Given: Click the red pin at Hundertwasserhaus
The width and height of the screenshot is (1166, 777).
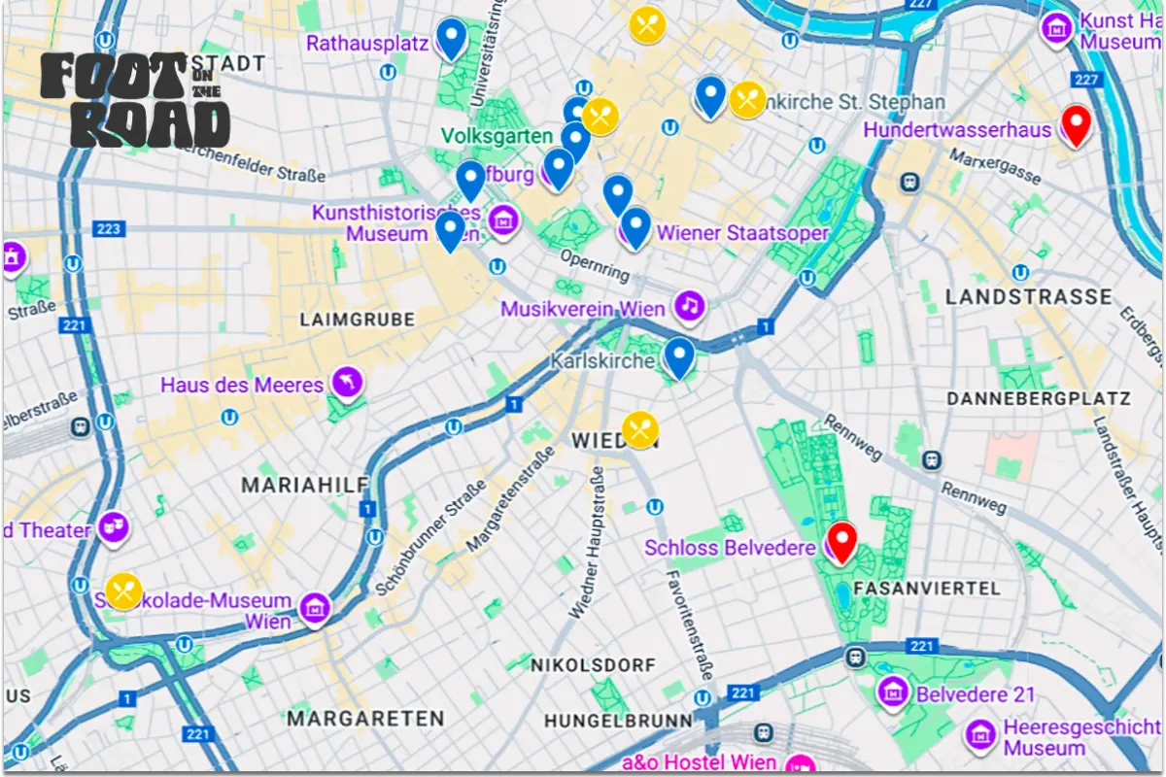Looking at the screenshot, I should (x=1075, y=124).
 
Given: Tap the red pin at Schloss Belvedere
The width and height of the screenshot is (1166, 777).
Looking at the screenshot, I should (x=840, y=540).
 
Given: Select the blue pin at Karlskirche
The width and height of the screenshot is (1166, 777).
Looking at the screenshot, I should (x=679, y=355).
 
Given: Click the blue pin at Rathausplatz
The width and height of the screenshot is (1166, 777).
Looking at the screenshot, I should (x=450, y=38).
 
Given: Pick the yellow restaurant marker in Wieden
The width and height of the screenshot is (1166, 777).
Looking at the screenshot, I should (x=640, y=429).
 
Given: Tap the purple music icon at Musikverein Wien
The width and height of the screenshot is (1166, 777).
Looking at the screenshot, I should (x=690, y=306).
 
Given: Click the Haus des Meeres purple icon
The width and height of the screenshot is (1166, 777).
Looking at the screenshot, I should (x=347, y=384).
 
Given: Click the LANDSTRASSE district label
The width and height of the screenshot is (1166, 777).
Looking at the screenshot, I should (x=1029, y=297).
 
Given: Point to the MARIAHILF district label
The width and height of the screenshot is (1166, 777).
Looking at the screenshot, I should (x=304, y=485).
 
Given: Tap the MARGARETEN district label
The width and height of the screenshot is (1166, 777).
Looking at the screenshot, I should (x=365, y=719).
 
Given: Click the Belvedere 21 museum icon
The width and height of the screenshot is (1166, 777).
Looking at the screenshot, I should (x=892, y=693).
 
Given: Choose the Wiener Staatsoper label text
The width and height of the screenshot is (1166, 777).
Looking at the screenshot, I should (x=742, y=233).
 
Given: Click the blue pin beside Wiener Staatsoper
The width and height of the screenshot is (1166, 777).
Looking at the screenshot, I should (x=635, y=226).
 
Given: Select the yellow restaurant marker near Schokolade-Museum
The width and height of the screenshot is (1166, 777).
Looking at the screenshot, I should (x=124, y=590).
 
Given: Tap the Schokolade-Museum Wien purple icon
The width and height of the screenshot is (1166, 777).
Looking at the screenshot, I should (x=315, y=609).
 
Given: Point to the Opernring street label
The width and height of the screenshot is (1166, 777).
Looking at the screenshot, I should (x=595, y=266).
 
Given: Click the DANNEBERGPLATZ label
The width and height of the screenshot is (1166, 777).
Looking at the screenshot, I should (x=1039, y=398).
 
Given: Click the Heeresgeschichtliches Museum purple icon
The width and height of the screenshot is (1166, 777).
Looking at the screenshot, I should (x=980, y=734).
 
